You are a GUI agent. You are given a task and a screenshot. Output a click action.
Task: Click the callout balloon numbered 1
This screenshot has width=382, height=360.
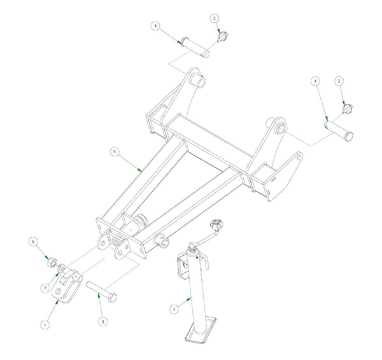[45, 324]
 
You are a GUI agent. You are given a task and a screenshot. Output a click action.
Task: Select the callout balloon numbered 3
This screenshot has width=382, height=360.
[173, 308]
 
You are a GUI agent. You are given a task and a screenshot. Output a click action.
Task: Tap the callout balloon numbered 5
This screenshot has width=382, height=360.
[113, 151]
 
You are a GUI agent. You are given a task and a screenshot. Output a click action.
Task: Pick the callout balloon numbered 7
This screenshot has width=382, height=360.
[46, 288]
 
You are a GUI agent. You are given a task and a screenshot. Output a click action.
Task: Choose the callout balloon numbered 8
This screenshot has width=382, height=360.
[103, 322]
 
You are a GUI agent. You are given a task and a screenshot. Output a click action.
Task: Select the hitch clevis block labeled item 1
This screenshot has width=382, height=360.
[67, 283]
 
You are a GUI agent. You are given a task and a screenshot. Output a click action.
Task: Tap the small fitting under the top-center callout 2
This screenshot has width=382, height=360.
[222, 36]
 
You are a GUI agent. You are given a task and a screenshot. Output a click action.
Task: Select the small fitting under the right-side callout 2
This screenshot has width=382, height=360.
[347, 109]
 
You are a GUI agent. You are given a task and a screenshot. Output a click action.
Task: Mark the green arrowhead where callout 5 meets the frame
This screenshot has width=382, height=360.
[139, 169]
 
